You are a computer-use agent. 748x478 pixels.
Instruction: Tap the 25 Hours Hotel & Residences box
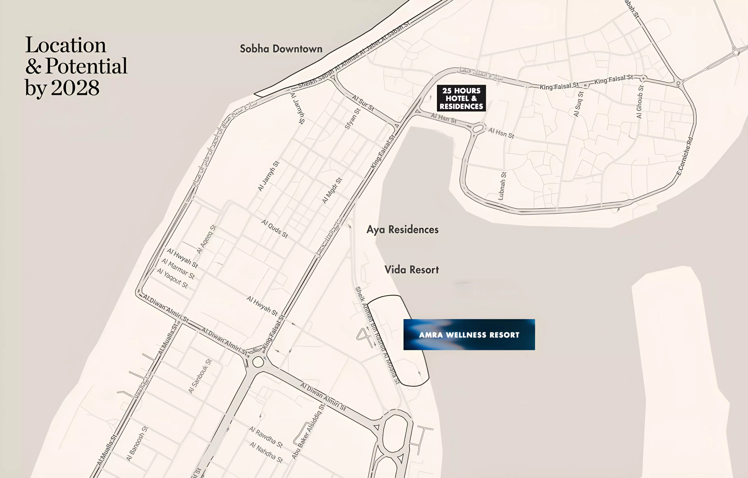click(x=461, y=98)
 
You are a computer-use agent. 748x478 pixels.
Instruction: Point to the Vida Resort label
click(x=412, y=270)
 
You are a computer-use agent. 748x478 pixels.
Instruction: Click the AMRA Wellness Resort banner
click(x=469, y=335)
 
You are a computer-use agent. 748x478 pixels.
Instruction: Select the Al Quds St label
click(x=275, y=229)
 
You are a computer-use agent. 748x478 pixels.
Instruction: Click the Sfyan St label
click(x=353, y=118)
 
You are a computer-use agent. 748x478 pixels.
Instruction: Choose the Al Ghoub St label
click(x=640, y=102)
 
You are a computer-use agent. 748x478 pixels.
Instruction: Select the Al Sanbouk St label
click(x=200, y=376)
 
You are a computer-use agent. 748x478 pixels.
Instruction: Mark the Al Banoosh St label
click(x=137, y=444)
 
